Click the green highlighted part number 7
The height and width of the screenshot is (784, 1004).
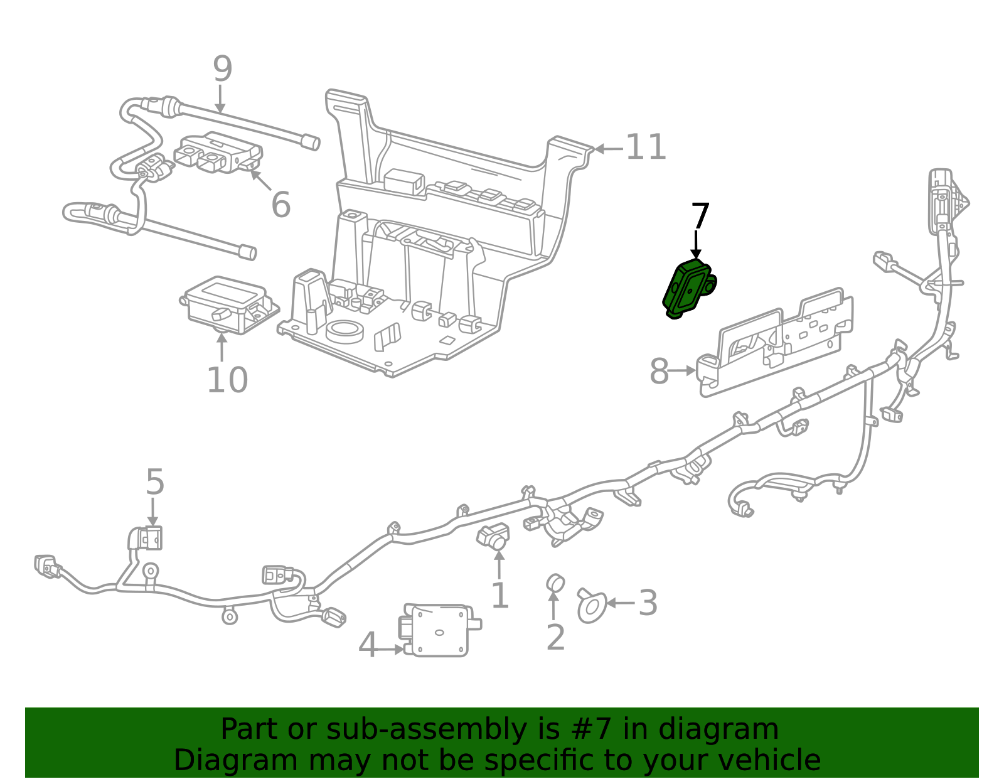[x=688, y=289]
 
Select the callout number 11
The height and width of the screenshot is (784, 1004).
[x=646, y=148]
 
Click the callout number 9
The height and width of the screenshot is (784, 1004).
[x=222, y=69]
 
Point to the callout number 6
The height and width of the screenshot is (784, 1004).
[x=280, y=205]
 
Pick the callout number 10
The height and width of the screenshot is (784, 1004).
[x=227, y=380]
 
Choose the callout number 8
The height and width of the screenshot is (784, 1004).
[x=659, y=371]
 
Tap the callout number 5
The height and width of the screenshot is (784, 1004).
[x=154, y=482]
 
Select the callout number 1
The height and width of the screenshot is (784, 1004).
[x=499, y=596]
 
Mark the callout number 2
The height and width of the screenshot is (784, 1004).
[x=555, y=637]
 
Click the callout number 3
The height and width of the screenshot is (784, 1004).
[x=648, y=603]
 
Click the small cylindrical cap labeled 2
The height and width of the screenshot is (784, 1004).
[x=555, y=583]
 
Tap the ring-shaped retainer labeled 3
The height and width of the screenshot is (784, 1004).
[x=591, y=606]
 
